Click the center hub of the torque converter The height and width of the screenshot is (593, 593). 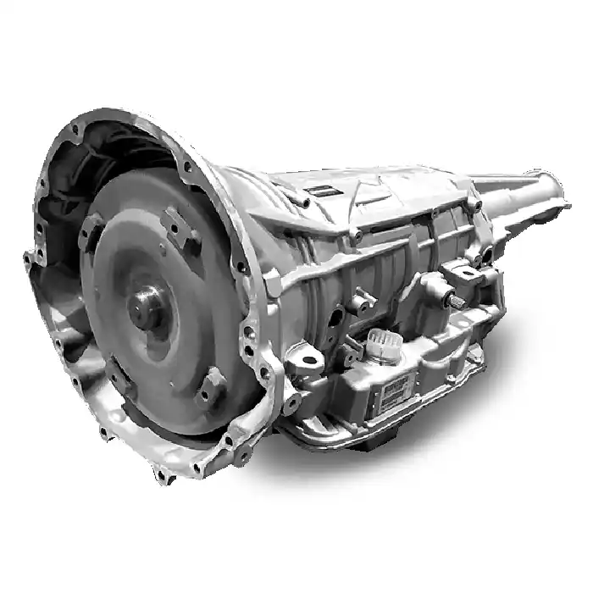pos(145,300)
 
